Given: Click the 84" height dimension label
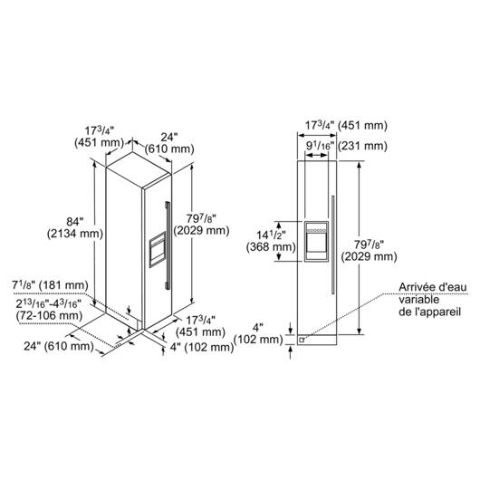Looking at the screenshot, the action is pyautogui.click(x=75, y=221).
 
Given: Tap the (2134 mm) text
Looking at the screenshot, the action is pyautogui.click(x=75, y=234).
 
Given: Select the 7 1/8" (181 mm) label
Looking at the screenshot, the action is pyautogui.click(x=50, y=285).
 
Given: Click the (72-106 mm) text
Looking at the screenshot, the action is pyautogui.click(x=49, y=315).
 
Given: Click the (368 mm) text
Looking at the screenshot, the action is pyautogui.click(x=271, y=246).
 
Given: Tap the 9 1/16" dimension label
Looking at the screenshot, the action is pyautogui.click(x=319, y=146).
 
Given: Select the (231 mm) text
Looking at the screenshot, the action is pyautogui.click(x=363, y=146).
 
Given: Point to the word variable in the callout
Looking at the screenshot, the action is pyautogui.click(x=415, y=300).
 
